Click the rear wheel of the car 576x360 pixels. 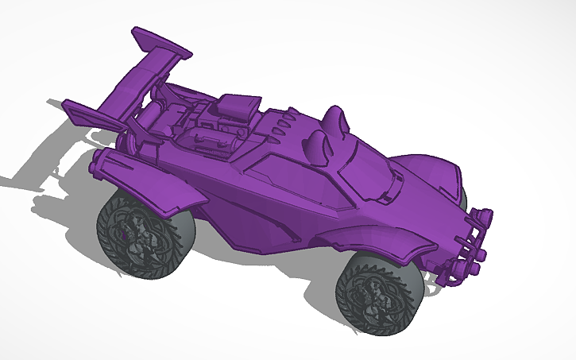[132, 230]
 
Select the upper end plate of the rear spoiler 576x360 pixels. [163, 45]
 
